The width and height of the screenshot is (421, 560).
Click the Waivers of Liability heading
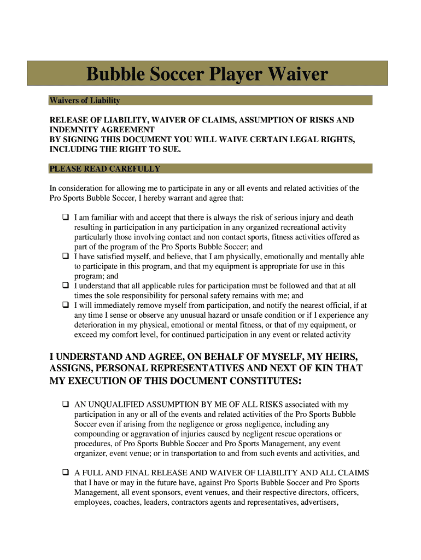click(84, 101)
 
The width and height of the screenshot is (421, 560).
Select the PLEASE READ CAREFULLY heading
click(104, 169)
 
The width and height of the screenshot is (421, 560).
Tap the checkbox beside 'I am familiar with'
click(65, 217)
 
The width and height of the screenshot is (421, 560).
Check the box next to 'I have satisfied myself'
click(65, 256)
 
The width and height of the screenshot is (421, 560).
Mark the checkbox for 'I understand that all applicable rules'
click(65, 286)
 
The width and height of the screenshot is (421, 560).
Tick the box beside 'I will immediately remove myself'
click(65, 306)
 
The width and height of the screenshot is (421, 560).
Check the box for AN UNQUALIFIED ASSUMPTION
click(65, 405)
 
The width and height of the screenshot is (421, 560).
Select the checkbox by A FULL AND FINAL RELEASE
click(65, 472)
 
